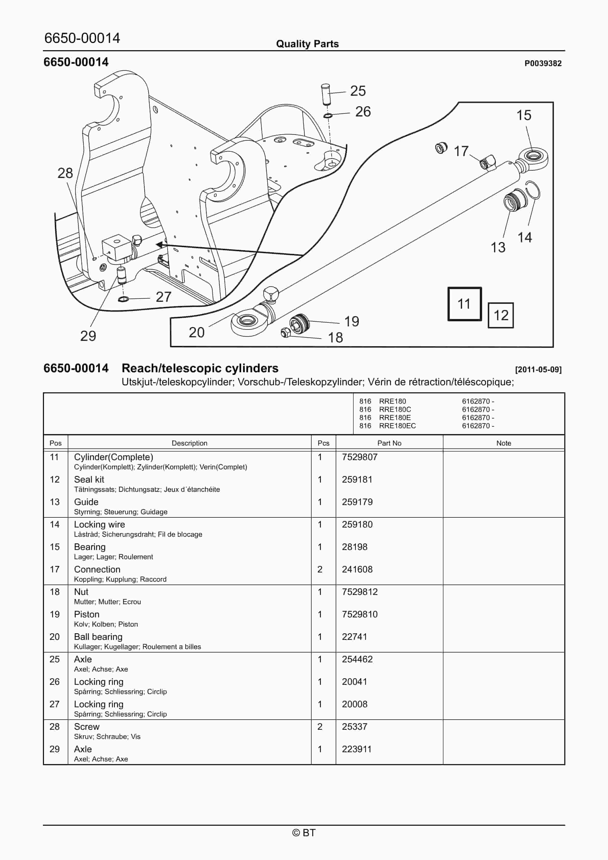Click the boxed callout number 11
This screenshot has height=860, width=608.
pos(464,304)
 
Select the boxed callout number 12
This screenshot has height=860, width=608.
pos(500,315)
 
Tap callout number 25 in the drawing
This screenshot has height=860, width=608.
pos(358,91)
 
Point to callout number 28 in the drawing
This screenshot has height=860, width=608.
pos(65,173)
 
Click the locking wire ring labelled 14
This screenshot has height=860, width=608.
pos(533,190)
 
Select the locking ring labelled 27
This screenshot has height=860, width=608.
pos(123,299)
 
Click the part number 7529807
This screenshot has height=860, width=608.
pos(359,457)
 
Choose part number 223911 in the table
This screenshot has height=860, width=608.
pos(356,749)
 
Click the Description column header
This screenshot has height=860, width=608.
pos(189,443)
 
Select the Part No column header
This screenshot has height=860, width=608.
pos(389,443)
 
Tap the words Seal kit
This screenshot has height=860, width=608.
pos(89,480)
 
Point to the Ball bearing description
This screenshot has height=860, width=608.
pos(98,637)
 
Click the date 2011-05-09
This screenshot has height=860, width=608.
pos(538,370)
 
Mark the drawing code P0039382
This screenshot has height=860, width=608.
pos(543,63)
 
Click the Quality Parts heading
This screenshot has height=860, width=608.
pos(307,44)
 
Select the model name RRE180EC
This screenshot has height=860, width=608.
pos(397,425)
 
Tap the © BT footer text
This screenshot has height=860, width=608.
pos(304,833)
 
